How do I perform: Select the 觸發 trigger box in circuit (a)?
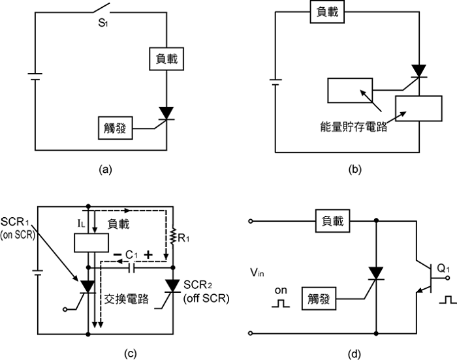click(x=115, y=128)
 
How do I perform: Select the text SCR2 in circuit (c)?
click(x=199, y=284)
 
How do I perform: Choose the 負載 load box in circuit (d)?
click(x=335, y=221)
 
